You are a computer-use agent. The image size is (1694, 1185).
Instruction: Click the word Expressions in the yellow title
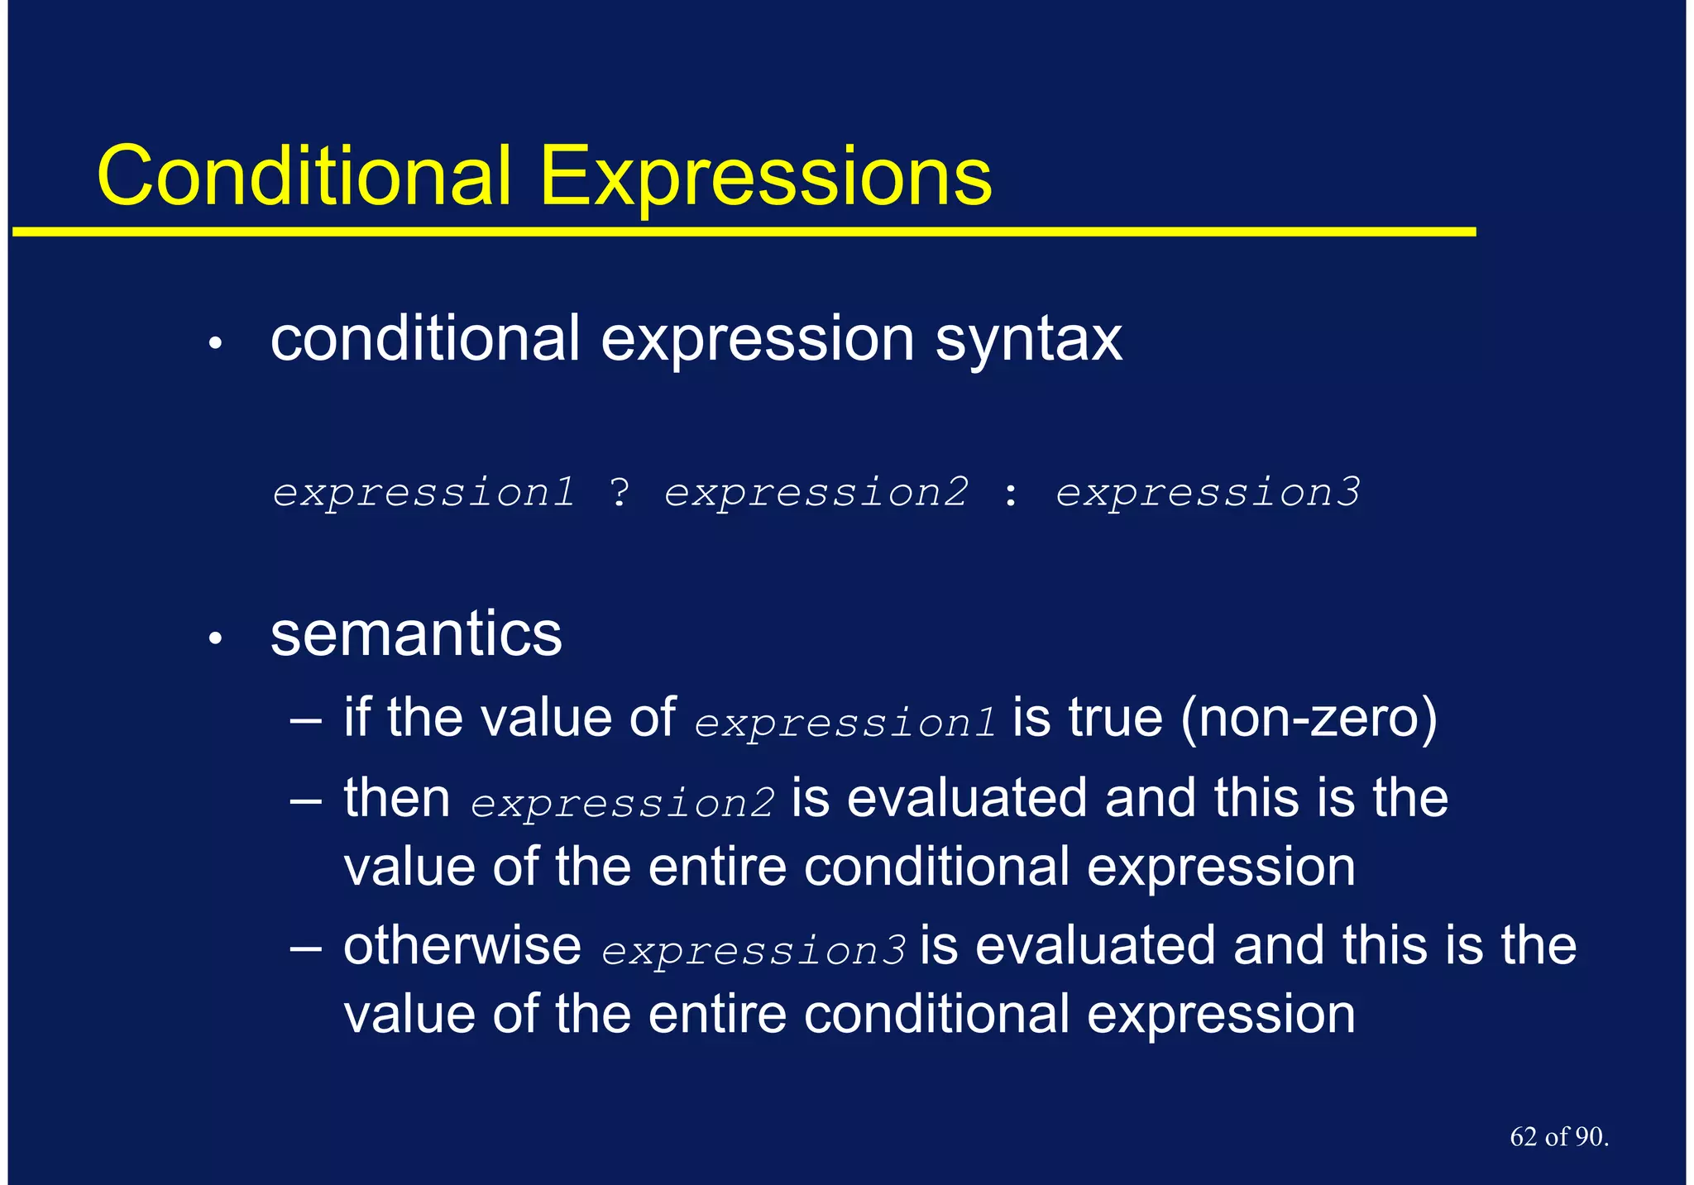[765, 178]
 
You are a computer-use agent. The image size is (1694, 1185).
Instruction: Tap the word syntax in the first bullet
[1028, 340]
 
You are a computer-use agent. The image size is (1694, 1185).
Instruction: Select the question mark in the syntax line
[620, 493]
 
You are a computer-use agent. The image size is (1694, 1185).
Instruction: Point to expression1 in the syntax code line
[423, 494]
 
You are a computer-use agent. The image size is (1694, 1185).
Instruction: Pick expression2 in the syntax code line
[816, 494]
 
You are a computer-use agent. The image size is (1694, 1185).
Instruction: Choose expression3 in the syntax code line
[1207, 494]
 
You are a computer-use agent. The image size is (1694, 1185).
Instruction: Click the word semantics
[416, 634]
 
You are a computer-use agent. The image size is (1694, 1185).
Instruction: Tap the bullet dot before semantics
[216, 638]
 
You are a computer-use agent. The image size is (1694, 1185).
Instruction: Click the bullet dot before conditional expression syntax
[216, 343]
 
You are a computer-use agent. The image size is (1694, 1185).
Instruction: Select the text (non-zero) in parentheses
[1309, 718]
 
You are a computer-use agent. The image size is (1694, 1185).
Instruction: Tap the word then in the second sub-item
[397, 798]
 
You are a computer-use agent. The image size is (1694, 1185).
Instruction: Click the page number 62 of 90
[1558, 1137]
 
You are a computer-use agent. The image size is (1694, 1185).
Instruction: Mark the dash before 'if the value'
[306, 719]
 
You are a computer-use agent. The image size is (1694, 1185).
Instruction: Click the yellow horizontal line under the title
[744, 232]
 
